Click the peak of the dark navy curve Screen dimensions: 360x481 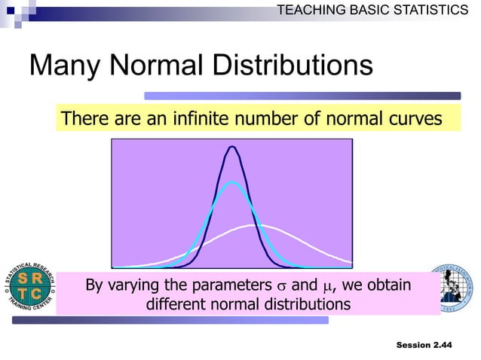(232, 146)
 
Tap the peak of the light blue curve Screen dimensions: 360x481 (232, 183)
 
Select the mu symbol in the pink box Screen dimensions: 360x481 (326, 287)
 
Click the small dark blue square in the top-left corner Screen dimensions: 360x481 (10, 11)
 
